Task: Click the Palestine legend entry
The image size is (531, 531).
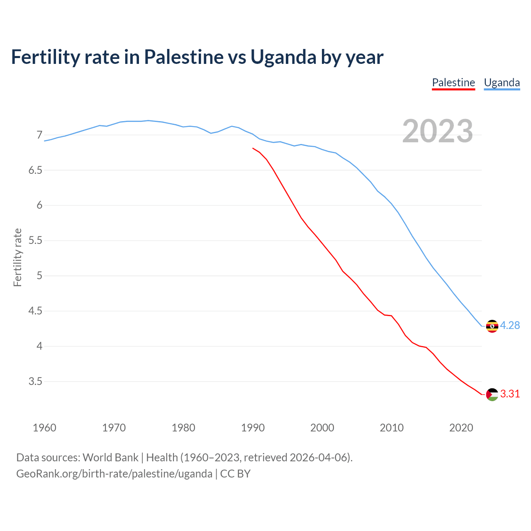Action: [x=453, y=83]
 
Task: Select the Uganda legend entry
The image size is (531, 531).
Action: [x=502, y=83]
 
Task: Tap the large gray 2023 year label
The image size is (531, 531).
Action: [x=437, y=131]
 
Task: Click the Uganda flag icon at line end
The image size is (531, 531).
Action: [x=492, y=326]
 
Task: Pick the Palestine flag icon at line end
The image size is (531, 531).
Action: [x=492, y=395]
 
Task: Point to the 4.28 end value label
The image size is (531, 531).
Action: [x=510, y=326]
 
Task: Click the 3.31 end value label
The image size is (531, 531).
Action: [x=510, y=394]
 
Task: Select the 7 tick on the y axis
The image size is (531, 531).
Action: [x=39, y=135]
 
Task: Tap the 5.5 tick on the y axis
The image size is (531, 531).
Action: [x=36, y=241]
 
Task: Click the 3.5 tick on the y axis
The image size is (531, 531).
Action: [x=36, y=382]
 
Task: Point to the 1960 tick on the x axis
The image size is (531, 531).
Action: [x=44, y=428]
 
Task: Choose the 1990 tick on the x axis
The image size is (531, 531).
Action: [x=253, y=428]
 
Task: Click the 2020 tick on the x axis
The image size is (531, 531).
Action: [x=461, y=428]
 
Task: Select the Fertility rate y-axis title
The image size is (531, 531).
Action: [x=17, y=257]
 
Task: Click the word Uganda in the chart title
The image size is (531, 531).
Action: [x=283, y=57]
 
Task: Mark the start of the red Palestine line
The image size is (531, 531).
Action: [x=253, y=148]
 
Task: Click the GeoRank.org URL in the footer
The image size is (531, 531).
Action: [x=114, y=474]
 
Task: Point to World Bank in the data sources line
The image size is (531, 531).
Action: [x=110, y=458]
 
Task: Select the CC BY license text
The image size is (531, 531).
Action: [x=235, y=474]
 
